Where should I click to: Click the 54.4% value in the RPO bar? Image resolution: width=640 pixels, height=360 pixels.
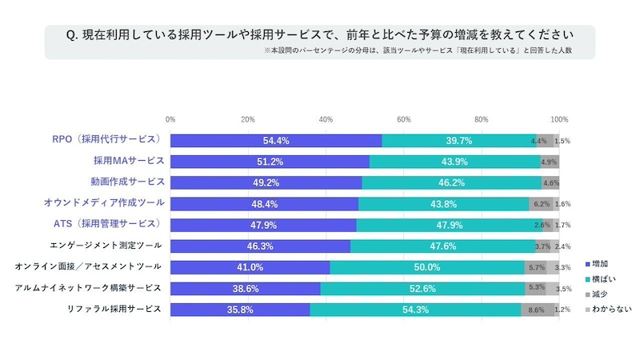pyautogui.click(x=275, y=140)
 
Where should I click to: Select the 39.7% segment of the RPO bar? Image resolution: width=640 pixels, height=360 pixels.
pyautogui.click(x=459, y=140)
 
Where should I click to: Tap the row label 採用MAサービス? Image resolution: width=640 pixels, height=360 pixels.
pyautogui.click(x=128, y=161)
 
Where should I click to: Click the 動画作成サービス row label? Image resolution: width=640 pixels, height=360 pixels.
pyautogui.click(x=128, y=182)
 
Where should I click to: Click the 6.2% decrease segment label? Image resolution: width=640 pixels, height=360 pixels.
pyautogui.click(x=541, y=204)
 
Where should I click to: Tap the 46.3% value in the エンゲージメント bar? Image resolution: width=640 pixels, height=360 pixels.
pyautogui.click(x=260, y=246)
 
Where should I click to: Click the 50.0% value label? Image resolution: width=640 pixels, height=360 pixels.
pyautogui.click(x=427, y=267)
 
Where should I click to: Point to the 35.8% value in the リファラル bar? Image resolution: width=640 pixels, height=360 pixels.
pyautogui.click(x=240, y=310)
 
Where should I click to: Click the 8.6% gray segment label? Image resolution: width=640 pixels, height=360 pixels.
pyautogui.click(x=536, y=310)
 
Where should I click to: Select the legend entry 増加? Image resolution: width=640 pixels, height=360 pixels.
pyautogui.click(x=599, y=263)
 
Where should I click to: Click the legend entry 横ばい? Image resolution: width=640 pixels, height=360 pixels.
pyautogui.click(x=602, y=278)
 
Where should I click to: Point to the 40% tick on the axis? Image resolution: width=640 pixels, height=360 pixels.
pyautogui.click(x=326, y=119)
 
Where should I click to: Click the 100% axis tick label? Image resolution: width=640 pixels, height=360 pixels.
pyautogui.click(x=559, y=119)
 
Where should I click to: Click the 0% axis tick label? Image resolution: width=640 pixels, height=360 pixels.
pyautogui.click(x=170, y=119)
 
